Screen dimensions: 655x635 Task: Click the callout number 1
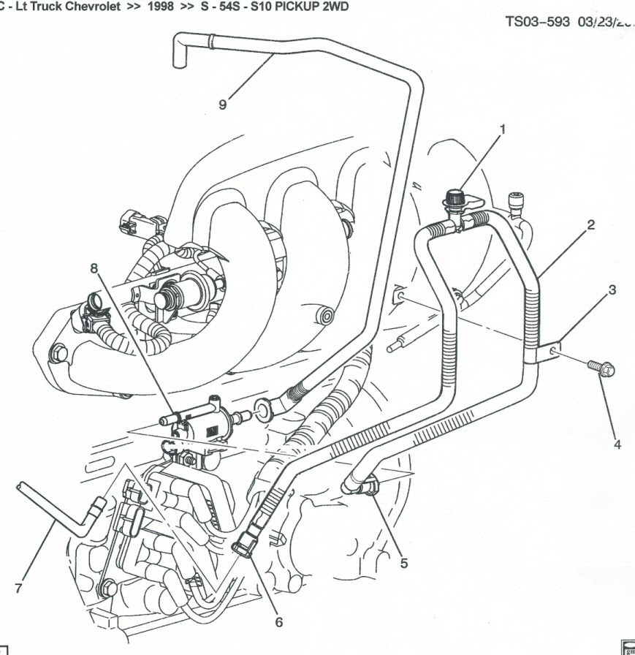pos(503,129)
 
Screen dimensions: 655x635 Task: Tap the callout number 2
pos(590,224)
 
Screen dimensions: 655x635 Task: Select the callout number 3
pos(612,289)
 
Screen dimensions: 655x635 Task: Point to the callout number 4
pos(617,444)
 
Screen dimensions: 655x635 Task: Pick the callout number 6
pos(278,622)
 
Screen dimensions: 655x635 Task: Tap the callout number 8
pos(94,268)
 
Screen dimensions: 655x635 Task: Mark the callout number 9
pos(223,104)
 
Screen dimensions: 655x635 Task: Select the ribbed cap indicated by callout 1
pos(457,197)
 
